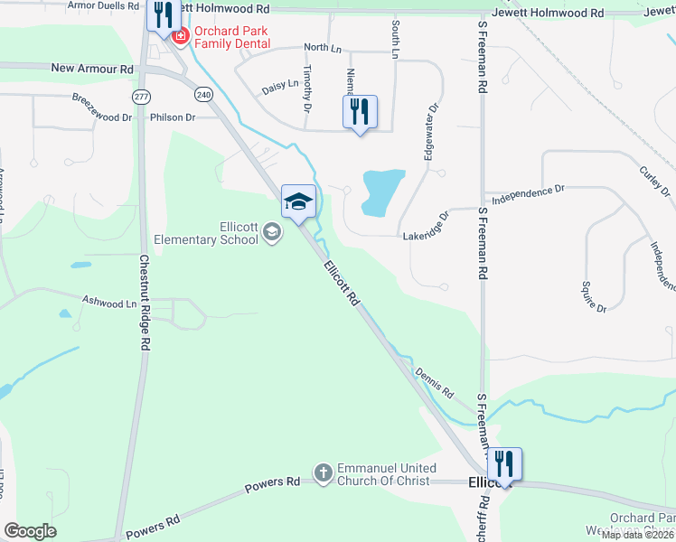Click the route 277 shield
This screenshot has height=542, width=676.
point(140,96)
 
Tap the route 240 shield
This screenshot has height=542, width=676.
point(203,93)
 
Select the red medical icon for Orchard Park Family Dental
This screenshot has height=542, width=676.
point(179,36)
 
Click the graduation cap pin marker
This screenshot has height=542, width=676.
point(299,201)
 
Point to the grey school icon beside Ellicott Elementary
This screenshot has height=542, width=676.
point(271,234)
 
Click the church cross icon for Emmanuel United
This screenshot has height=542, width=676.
point(323,472)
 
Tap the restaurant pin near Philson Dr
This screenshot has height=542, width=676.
point(360,111)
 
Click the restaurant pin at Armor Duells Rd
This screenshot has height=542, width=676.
point(163,15)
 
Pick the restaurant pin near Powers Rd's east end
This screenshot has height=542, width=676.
point(504,464)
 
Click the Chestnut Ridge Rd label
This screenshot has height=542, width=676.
point(144,303)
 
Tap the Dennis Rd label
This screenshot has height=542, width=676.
point(435,383)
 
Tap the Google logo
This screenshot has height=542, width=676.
point(30,531)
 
